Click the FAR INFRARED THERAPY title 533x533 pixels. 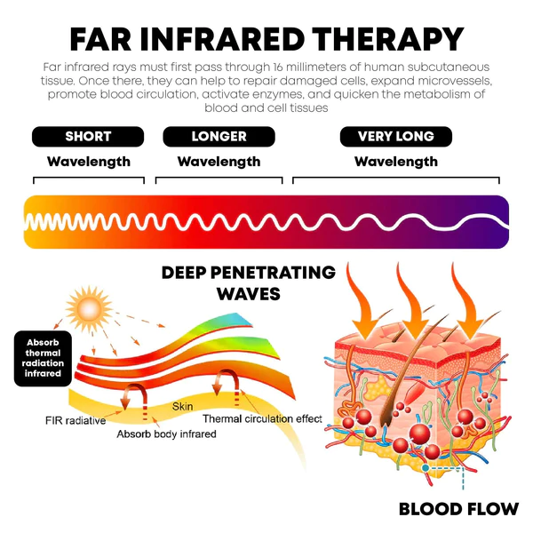266,39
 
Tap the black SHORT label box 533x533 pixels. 88,137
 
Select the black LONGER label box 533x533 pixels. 219,137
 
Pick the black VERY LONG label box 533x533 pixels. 395,137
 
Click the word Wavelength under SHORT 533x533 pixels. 88,162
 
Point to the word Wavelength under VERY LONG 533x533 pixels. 395,162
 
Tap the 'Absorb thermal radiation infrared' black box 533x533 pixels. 44,358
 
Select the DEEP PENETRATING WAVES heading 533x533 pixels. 249,282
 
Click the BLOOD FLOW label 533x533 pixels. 458,509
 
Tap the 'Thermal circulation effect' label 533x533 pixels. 262,418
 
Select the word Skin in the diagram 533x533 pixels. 183,406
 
